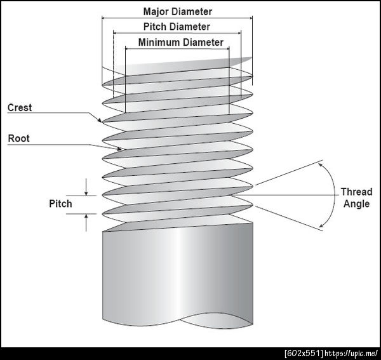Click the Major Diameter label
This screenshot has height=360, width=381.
(x=178, y=11)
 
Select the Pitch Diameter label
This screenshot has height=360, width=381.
(x=177, y=27)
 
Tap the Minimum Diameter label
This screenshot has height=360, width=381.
(x=181, y=43)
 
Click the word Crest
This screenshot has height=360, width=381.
(x=20, y=107)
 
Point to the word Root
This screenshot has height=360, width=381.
(x=18, y=138)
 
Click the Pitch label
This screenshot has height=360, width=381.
(x=60, y=204)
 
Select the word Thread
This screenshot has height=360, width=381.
(x=356, y=192)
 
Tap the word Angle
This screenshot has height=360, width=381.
(x=356, y=204)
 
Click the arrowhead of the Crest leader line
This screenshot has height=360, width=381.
(x=100, y=120)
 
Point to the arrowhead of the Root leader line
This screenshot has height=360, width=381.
(x=119, y=149)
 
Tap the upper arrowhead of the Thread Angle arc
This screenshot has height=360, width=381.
(x=321, y=165)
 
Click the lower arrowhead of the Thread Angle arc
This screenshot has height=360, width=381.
(x=321, y=225)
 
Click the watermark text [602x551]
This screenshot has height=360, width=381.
(x=304, y=354)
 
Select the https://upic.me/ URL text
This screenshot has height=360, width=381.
(x=351, y=354)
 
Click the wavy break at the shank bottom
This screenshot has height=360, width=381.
(x=178, y=321)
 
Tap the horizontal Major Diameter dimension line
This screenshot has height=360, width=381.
(x=177, y=18)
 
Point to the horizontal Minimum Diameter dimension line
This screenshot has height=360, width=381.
(x=177, y=49)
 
